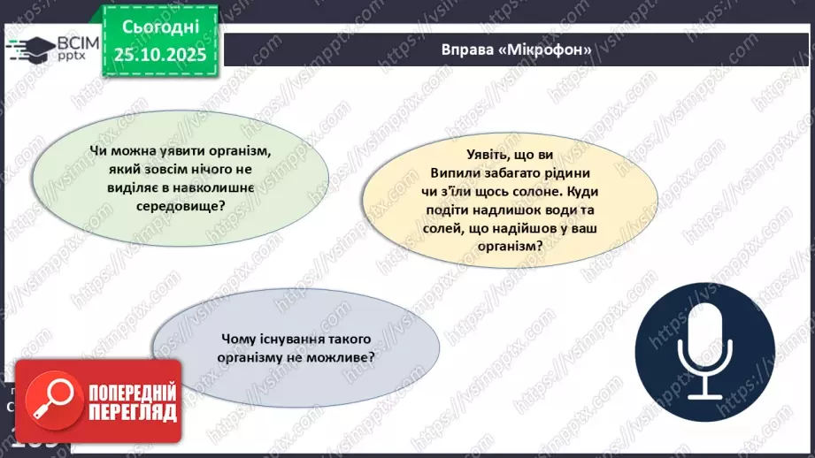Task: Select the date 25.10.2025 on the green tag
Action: tap(160, 55)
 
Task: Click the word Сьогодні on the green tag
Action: tap(160, 27)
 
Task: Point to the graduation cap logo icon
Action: tap(30, 50)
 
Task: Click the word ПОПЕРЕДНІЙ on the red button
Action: tap(133, 393)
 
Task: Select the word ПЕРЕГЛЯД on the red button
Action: tap(133, 412)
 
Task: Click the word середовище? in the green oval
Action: tap(181, 206)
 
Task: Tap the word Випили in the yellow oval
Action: tap(451, 173)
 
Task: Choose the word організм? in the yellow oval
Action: tap(510, 246)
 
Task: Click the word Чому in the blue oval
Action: tap(236, 340)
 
